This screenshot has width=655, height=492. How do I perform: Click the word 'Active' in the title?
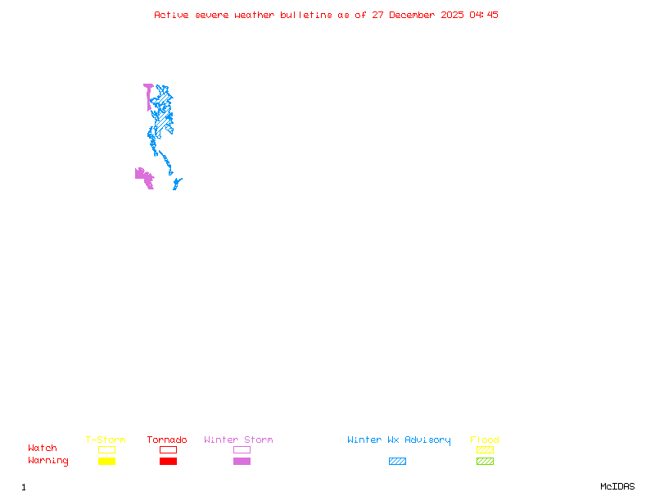[x=170, y=15]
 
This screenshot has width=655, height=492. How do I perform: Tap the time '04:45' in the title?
[x=483, y=15]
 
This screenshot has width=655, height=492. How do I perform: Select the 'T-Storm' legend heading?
[x=106, y=440]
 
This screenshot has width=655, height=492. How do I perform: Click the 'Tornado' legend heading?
[x=167, y=440]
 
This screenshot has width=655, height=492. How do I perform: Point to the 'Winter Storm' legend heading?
[x=238, y=440]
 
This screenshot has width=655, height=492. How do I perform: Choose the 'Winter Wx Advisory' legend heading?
[x=399, y=440]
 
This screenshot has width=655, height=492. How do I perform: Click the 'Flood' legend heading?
[x=485, y=440]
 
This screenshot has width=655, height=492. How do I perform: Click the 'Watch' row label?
[x=43, y=449]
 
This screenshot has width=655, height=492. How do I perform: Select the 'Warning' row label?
[x=48, y=461]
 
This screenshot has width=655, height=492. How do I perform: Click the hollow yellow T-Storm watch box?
[x=106, y=449]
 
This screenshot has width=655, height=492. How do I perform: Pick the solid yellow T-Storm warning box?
[x=106, y=462]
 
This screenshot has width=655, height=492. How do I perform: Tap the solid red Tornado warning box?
[x=168, y=462]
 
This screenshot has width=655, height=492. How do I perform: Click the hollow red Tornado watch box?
[x=168, y=449]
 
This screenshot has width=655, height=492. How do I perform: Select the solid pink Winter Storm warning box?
[x=242, y=462]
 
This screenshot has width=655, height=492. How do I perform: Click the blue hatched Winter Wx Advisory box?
[x=397, y=462]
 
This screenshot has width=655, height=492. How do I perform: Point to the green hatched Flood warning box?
[x=485, y=462]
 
